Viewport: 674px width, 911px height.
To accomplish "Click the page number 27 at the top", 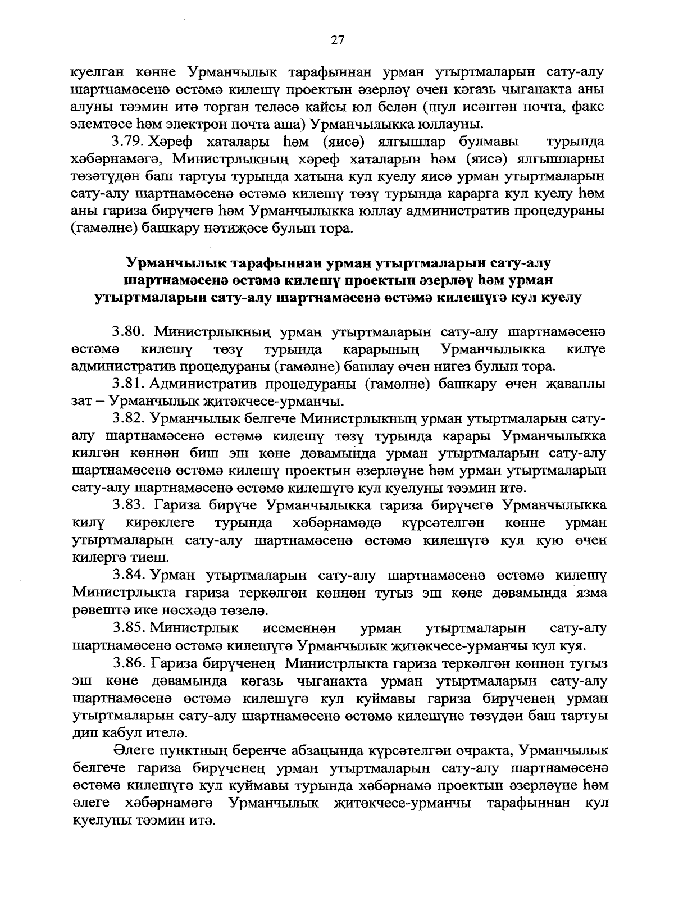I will (337, 40).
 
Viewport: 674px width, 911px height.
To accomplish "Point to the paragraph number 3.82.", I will (130, 418).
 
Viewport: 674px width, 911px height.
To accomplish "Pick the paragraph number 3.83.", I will (130, 505).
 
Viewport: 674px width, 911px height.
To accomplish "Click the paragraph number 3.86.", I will (130, 663).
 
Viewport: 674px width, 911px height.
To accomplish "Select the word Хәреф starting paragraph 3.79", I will (172, 140).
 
